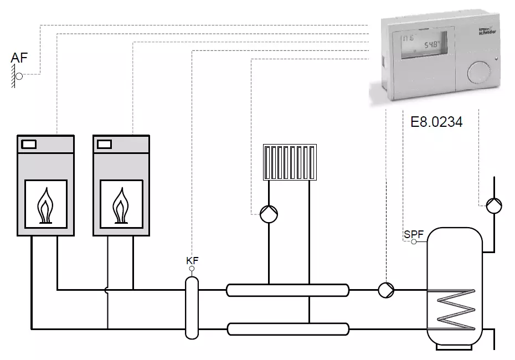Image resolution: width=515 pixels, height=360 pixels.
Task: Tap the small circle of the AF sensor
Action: (x=19, y=76)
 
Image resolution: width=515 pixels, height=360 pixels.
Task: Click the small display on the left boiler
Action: (x=29, y=145)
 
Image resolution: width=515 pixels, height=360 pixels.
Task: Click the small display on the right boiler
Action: (x=104, y=145)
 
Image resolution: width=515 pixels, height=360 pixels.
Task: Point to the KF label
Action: (x=192, y=260)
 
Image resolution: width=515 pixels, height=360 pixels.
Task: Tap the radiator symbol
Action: (x=290, y=162)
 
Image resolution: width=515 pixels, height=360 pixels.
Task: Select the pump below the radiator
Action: (x=269, y=213)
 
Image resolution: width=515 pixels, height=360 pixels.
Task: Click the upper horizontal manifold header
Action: (x=287, y=289)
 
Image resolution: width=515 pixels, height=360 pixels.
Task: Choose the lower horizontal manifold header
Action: (x=287, y=329)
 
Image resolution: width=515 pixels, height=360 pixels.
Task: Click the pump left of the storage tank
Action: (x=385, y=289)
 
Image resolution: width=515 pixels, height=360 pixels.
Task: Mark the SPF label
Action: (x=413, y=234)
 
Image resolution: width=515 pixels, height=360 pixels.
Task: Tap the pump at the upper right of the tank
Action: (x=494, y=205)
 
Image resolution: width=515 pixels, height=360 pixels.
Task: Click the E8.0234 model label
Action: (x=436, y=121)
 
